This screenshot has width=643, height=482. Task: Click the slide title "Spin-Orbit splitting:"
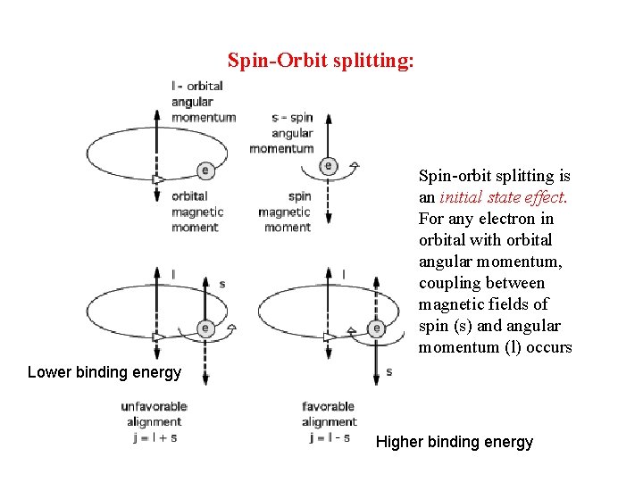(321, 61)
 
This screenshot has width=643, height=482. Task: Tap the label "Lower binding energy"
(104, 372)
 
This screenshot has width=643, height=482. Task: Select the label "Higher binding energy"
(455, 442)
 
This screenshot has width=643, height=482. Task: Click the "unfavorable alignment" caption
(154, 414)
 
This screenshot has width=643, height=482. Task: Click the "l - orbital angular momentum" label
(203, 102)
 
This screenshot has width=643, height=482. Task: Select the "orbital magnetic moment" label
(196, 212)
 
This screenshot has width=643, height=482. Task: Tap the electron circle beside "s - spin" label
(329, 165)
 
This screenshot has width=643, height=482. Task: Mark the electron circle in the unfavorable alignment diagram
(205, 328)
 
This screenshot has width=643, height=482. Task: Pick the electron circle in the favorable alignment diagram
(377, 328)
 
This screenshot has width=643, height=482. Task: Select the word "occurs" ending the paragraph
(548, 347)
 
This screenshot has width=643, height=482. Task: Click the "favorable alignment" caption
(329, 414)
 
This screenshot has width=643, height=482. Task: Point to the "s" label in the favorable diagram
(389, 371)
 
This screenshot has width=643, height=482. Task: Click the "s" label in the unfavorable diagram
(221, 284)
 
